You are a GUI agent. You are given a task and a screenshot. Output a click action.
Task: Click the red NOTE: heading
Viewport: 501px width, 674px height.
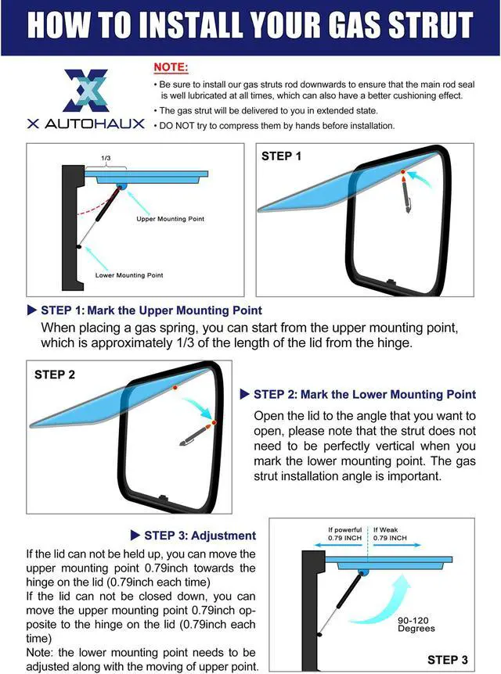click(x=171, y=68)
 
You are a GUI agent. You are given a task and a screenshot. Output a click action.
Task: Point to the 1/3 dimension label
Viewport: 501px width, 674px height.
click(x=106, y=159)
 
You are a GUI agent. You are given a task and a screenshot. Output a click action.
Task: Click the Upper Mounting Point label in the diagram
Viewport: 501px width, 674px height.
click(x=170, y=219)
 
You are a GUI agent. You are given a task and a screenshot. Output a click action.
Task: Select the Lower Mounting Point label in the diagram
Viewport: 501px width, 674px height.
click(x=129, y=275)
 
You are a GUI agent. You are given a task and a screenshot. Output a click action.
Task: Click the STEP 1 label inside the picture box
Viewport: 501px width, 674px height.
click(x=281, y=156)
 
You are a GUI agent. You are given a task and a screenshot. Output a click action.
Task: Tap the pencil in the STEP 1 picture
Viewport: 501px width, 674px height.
click(x=409, y=195)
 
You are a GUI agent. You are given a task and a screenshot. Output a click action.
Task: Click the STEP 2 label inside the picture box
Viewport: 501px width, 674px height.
click(x=55, y=375)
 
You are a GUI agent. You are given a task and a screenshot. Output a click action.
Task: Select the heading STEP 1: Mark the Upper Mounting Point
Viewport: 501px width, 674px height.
click(x=151, y=310)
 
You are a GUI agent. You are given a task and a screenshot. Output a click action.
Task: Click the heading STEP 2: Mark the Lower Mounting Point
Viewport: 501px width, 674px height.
click(x=364, y=394)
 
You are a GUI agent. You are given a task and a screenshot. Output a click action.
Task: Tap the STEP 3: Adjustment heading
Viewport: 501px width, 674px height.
click(x=200, y=536)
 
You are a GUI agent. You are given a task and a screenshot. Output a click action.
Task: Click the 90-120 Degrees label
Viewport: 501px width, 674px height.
click(x=416, y=624)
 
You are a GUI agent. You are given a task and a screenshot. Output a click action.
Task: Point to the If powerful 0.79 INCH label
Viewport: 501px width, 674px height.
click(x=344, y=534)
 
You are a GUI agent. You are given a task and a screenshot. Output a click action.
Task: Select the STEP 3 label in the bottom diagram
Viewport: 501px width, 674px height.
click(x=448, y=658)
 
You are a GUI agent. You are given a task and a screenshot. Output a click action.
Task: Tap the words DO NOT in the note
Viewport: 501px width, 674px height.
click(x=177, y=125)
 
